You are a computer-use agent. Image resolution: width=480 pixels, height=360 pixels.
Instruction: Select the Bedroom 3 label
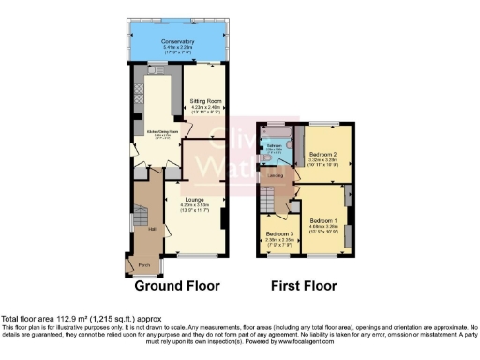[x=278, y=232]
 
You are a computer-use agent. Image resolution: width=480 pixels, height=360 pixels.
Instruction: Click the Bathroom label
[x=273, y=146]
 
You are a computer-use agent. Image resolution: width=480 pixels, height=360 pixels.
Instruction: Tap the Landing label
[x=276, y=174]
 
